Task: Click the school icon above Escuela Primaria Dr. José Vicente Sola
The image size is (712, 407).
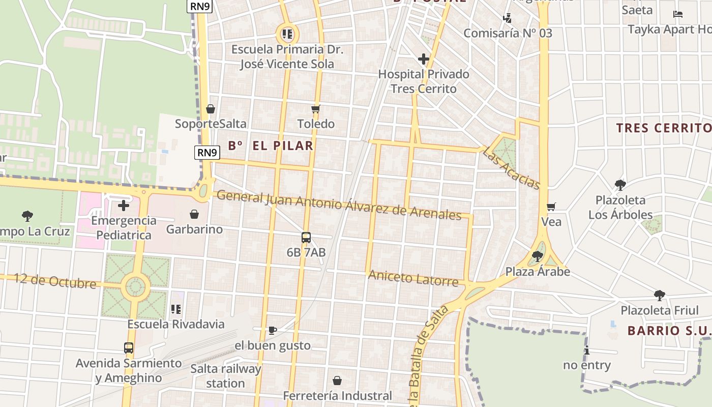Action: (287, 34)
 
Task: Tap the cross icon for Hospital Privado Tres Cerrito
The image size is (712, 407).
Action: (423, 60)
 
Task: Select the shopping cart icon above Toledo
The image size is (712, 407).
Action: (316, 109)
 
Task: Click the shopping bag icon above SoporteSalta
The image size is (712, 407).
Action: (210, 109)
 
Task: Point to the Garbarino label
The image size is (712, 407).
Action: (194, 229)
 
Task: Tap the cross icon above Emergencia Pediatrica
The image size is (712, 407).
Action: (123, 206)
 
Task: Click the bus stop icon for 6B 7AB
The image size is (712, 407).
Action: (306, 238)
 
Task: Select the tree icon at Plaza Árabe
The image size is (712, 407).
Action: (537, 256)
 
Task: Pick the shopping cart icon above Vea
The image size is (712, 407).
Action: (551, 207)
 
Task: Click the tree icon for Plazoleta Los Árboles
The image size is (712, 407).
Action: (619, 185)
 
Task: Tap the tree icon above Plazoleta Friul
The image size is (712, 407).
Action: (659, 295)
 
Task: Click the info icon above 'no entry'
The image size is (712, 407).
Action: (587, 350)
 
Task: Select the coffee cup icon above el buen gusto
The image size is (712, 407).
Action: (273, 331)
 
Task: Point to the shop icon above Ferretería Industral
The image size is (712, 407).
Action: (337, 381)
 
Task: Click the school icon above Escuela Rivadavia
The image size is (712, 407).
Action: (176, 309)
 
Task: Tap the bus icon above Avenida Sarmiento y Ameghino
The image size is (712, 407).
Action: (129, 348)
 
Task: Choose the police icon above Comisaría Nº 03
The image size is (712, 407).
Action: (507, 18)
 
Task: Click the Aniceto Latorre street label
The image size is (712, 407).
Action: (413, 278)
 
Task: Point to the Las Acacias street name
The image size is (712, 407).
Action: (511, 167)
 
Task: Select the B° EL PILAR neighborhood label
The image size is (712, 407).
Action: (270, 146)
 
